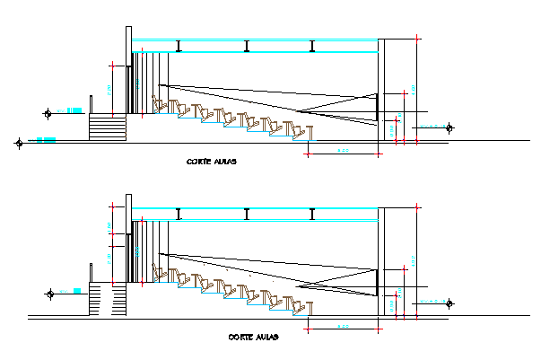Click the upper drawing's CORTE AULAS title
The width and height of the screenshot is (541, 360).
tap(212, 162)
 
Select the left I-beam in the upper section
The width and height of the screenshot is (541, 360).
tap(179, 46)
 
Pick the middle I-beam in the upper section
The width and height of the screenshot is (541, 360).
tap(246, 46)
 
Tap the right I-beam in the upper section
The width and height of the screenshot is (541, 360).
tap(312, 46)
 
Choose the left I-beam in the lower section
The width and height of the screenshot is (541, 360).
tap(179, 214)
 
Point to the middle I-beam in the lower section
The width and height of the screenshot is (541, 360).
tap(246, 214)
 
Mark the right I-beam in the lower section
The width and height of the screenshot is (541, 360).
tap(312, 214)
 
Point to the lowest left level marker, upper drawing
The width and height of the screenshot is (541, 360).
tap(19, 141)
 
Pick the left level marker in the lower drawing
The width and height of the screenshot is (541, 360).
tap(50, 292)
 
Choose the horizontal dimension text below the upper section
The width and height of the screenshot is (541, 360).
tap(342, 150)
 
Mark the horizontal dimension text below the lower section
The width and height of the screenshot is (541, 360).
tap(343, 326)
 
